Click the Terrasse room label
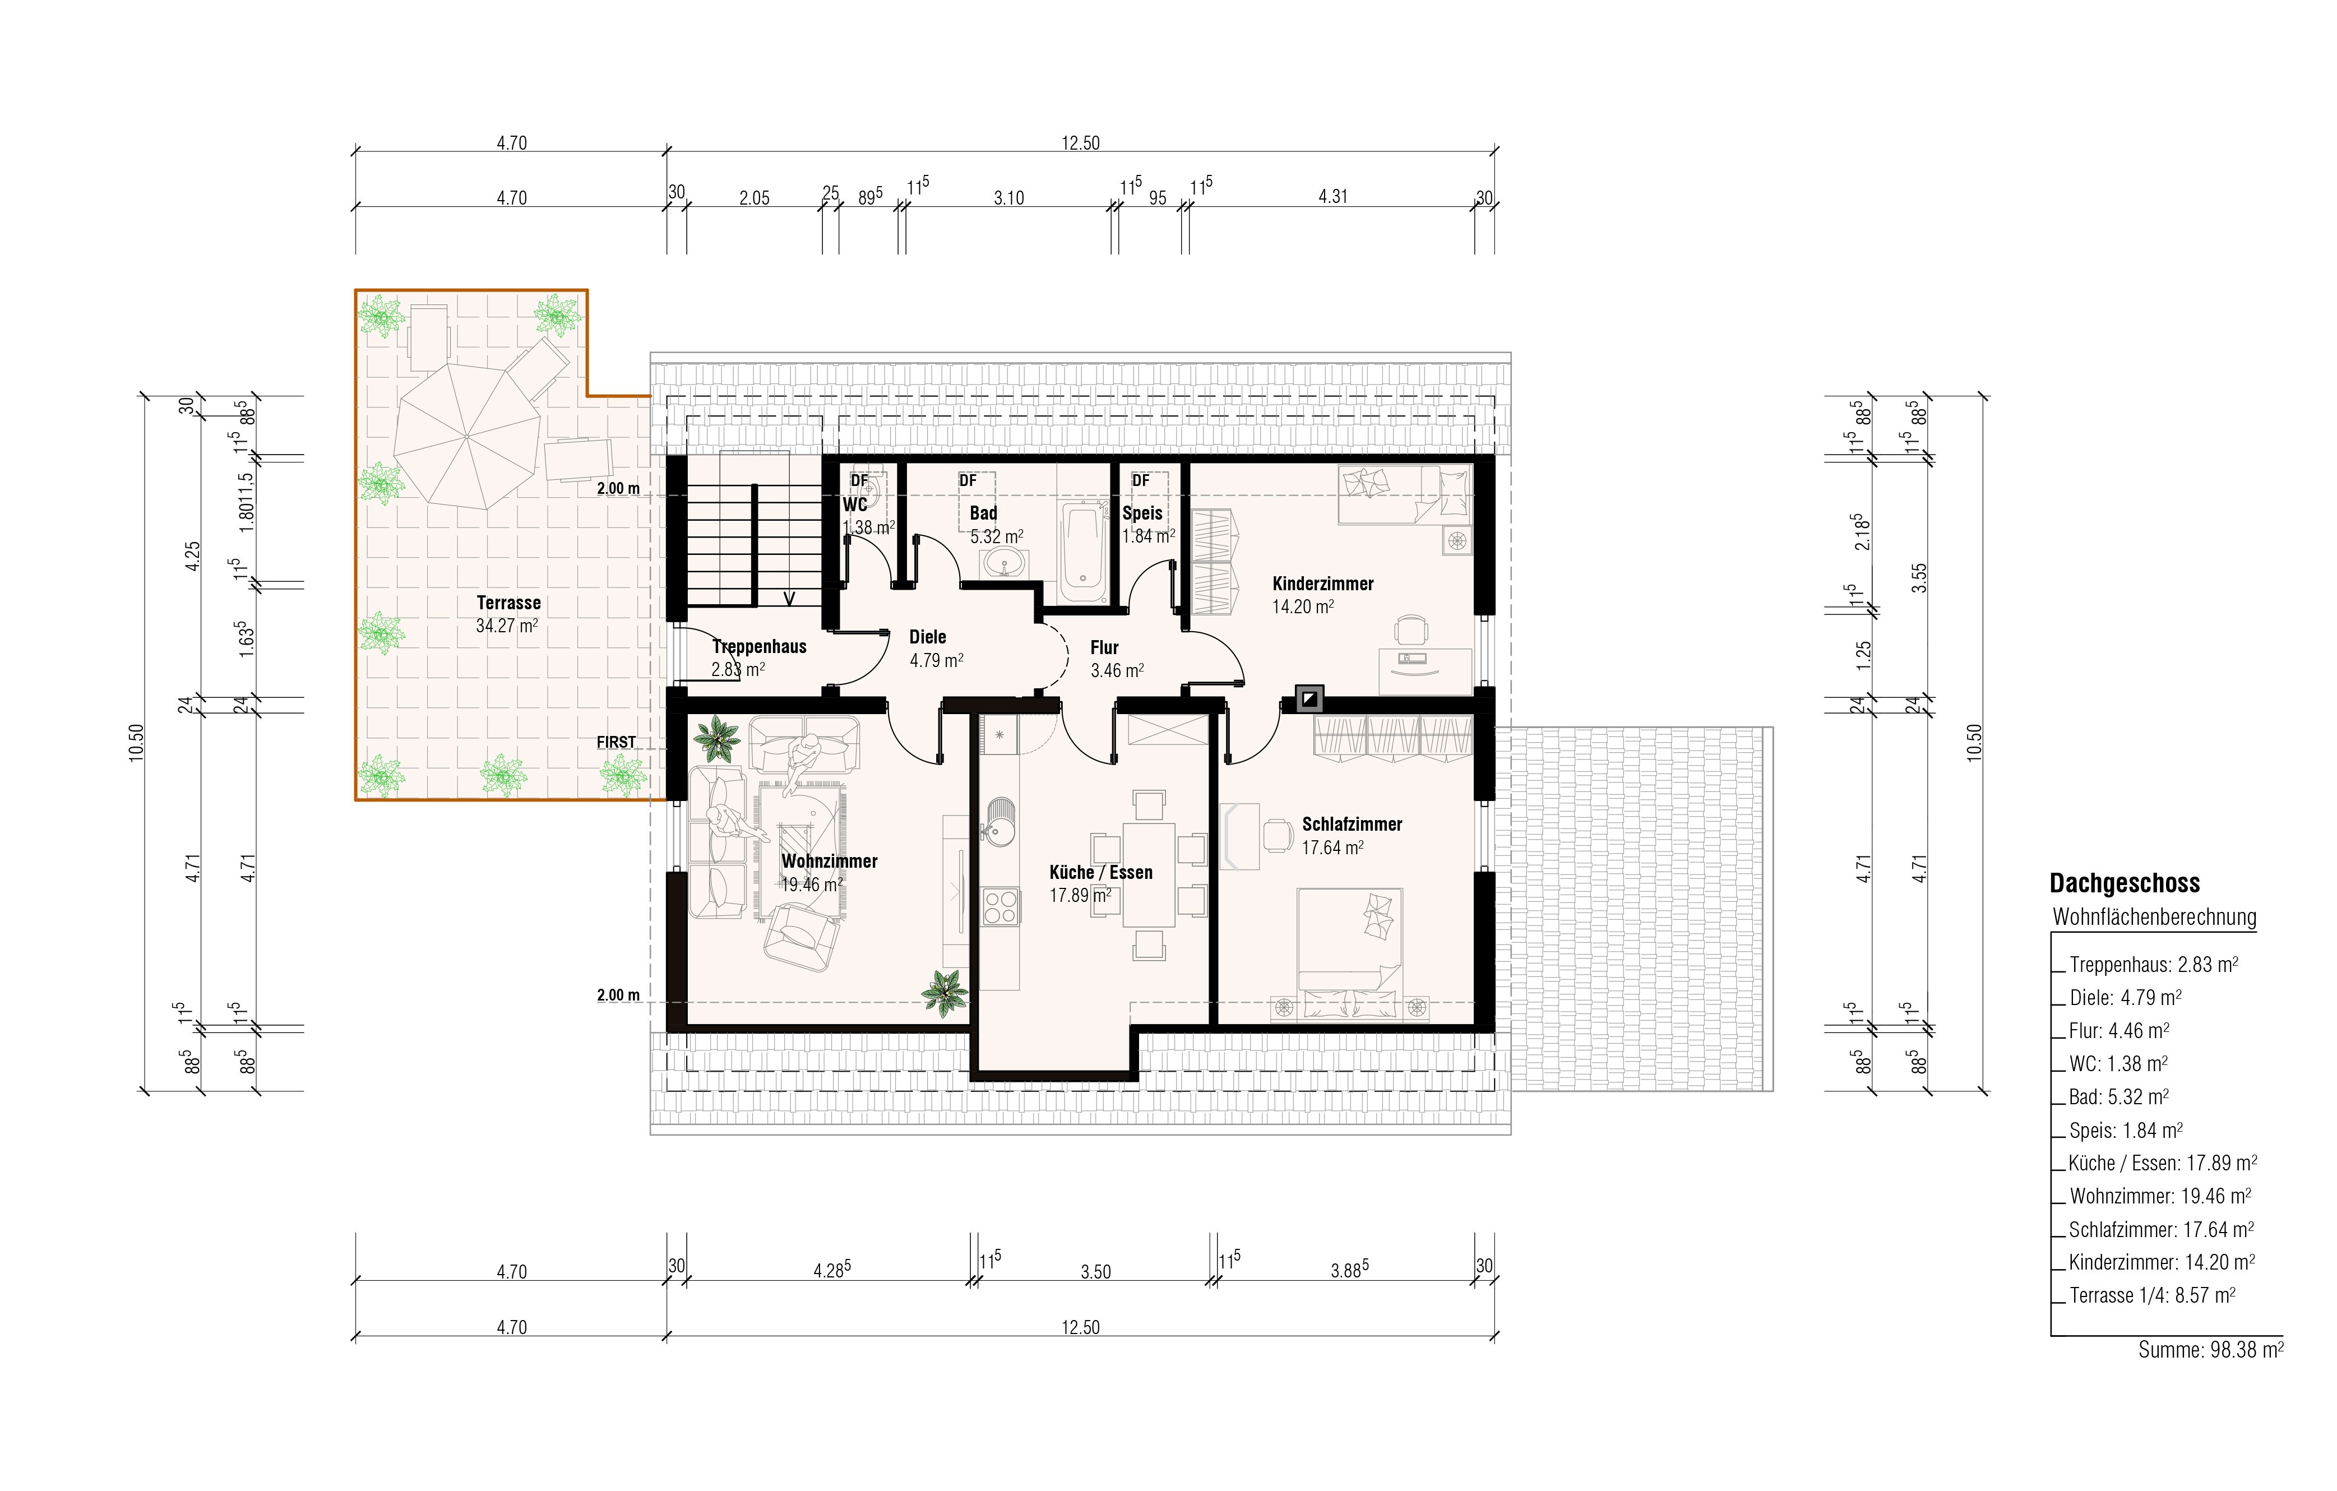tap(508, 603)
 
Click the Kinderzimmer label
tap(1323, 584)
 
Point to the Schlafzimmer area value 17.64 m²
tap(1332, 848)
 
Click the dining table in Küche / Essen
tap(1149, 876)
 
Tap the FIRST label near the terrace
tap(616, 743)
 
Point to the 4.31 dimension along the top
tap(1332, 196)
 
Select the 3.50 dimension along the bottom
tap(1096, 1272)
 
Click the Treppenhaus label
tap(759, 646)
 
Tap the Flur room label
tap(1104, 647)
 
